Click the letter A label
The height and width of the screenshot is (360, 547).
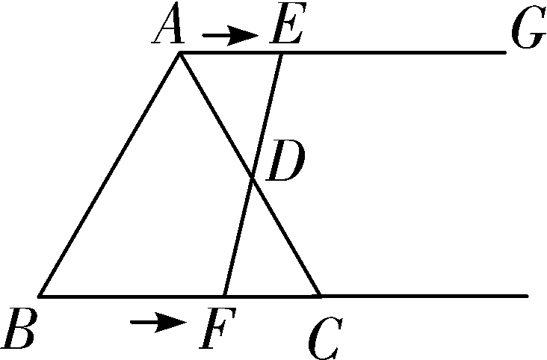170,30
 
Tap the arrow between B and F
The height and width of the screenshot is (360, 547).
158,322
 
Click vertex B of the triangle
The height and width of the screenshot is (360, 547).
40,296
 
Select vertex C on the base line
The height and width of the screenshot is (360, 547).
321,296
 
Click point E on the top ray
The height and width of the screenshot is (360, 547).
281,53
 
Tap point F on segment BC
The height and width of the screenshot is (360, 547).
225,296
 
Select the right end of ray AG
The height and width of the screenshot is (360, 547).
505,53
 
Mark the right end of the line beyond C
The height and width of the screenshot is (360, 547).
528,296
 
